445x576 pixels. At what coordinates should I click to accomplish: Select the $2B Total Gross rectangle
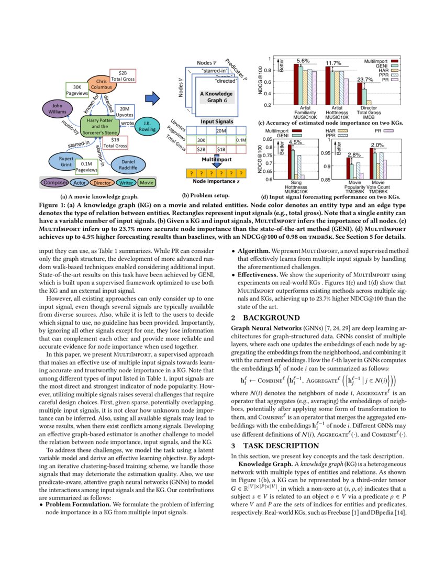tap(123, 75)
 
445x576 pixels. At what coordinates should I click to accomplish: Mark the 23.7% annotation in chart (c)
tap(364, 80)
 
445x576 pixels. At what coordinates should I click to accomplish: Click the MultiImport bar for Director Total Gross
tap(360, 94)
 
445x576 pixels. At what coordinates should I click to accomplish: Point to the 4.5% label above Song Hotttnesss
tap(296, 142)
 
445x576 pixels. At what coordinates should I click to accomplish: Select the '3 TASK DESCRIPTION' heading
tap(275, 446)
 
